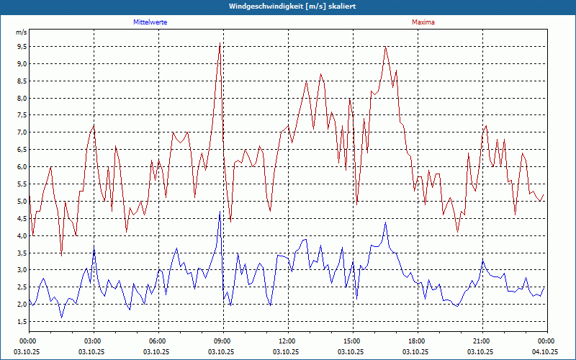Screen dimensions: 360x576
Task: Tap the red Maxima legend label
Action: tap(423, 22)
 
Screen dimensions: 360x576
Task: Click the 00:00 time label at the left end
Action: tap(28, 341)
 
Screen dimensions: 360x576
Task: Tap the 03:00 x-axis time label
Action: tap(93, 341)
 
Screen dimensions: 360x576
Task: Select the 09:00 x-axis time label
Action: tap(222, 341)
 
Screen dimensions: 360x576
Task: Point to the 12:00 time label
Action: tap(287, 341)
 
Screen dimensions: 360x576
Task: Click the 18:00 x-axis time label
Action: tap(417, 341)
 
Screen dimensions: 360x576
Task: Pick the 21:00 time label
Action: tap(482, 341)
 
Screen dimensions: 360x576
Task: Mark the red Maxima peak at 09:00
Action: tap(220, 44)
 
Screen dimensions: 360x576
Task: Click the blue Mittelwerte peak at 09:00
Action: tap(220, 212)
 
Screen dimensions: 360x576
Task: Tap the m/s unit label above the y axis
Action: tap(21, 32)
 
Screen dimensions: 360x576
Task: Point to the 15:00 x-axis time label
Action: tap(352, 341)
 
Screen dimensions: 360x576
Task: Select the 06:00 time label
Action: tap(158, 341)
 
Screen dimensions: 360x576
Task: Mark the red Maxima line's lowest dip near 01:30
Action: tap(61, 255)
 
